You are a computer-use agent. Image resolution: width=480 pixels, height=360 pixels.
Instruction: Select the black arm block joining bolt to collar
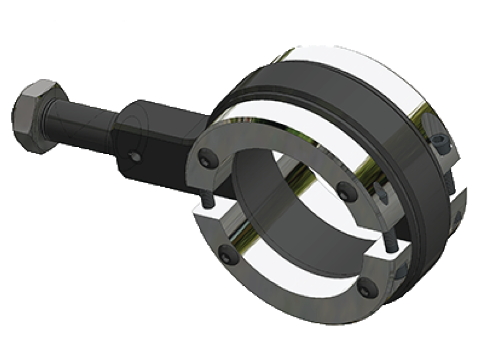pos(159,141)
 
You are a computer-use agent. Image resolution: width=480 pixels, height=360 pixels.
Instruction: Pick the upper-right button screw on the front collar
pos(344,190)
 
